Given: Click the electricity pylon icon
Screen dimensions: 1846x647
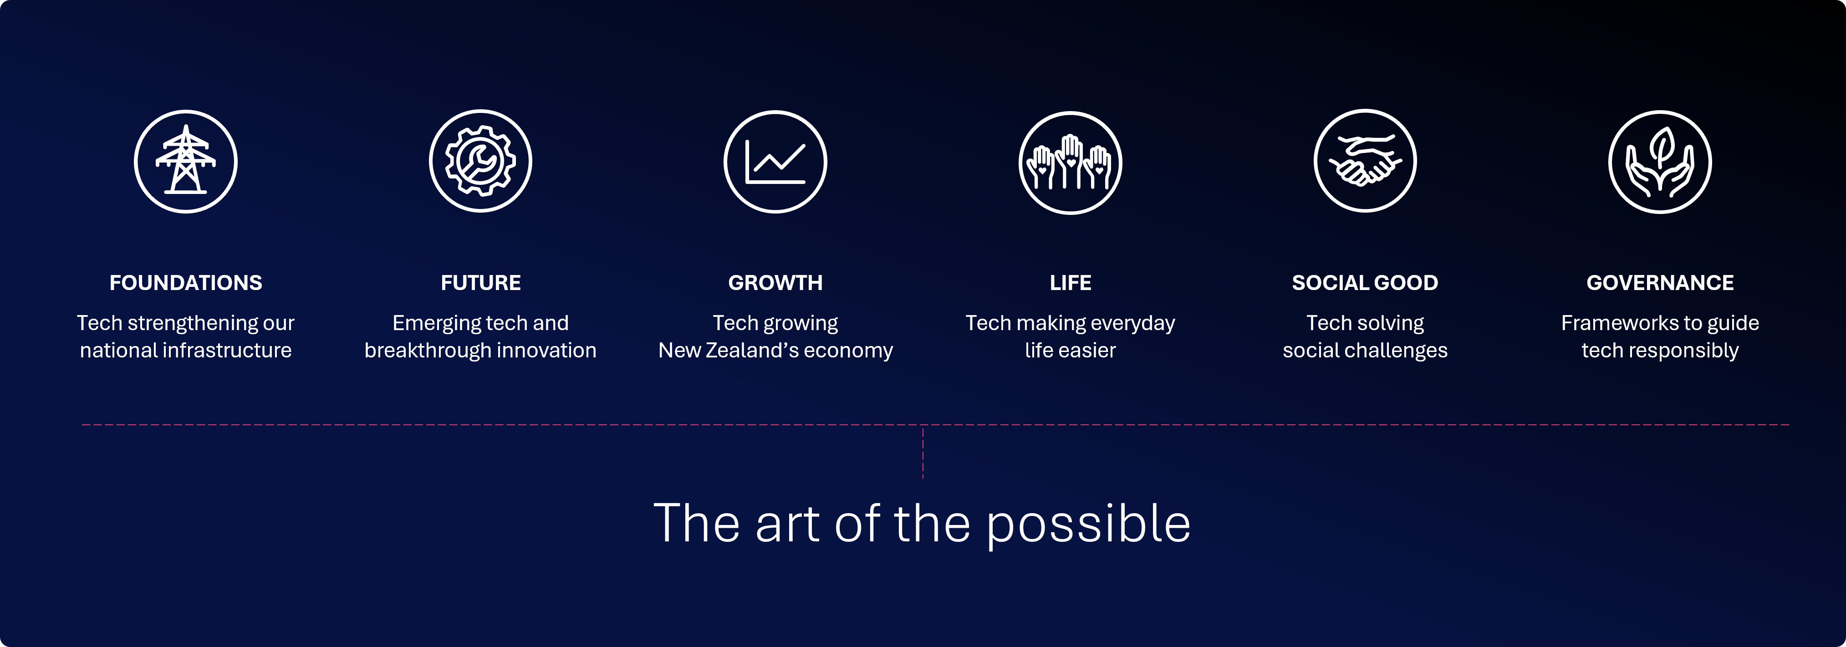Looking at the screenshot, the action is (x=186, y=161).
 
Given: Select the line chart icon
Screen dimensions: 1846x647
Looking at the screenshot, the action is (x=775, y=161).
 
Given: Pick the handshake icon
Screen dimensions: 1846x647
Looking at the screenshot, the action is (x=1365, y=161).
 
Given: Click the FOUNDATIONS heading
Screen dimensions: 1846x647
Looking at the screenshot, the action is (x=186, y=283).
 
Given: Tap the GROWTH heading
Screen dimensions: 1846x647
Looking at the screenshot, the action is (x=775, y=283).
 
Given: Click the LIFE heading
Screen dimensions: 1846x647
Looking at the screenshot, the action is (x=1071, y=283).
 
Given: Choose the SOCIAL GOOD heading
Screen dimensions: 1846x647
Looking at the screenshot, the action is (x=1365, y=283).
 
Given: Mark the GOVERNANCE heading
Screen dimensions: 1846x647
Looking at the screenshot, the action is (x=1660, y=283).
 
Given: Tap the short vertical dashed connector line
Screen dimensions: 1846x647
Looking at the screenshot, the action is (x=923, y=453).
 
